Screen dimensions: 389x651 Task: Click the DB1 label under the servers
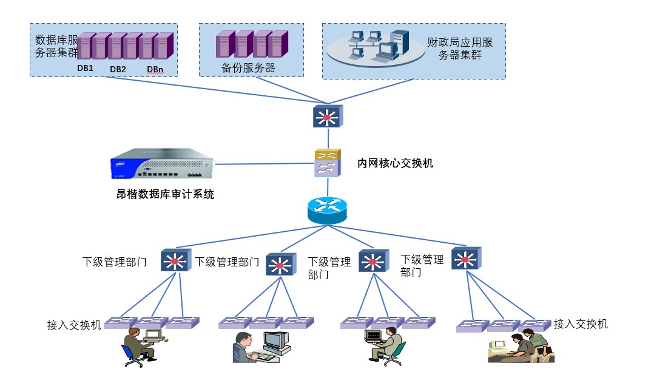(x=85, y=68)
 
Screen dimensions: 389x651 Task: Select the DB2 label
(x=118, y=69)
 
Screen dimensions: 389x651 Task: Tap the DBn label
(x=155, y=69)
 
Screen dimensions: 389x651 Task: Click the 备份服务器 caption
(x=249, y=67)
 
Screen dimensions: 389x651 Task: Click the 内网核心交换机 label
(x=396, y=163)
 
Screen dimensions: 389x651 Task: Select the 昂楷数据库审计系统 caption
(x=165, y=194)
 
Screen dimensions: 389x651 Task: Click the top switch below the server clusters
(x=328, y=116)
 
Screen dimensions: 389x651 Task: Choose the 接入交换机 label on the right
(x=581, y=324)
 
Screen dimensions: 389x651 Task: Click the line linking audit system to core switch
(x=264, y=164)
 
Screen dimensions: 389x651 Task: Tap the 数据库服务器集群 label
(x=56, y=46)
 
